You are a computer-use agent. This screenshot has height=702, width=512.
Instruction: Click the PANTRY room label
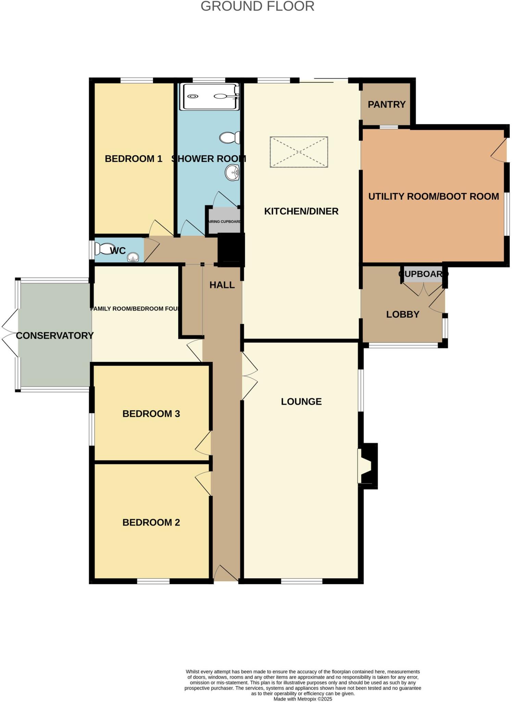(386, 105)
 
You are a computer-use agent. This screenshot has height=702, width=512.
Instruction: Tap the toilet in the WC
(102, 249)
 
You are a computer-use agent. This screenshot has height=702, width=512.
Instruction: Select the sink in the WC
(133, 257)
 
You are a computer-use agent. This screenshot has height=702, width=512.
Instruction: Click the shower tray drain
(193, 96)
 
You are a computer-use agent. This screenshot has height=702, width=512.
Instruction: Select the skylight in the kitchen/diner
(299, 152)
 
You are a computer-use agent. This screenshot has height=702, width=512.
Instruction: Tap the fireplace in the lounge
(366, 466)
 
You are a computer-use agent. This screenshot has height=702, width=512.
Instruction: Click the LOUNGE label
(301, 401)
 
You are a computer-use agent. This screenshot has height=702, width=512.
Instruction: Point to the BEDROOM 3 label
(151, 414)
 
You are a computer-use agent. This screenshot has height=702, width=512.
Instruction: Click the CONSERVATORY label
(55, 336)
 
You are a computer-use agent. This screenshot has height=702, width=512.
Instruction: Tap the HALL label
(222, 285)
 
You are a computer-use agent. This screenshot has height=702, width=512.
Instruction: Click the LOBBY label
(403, 314)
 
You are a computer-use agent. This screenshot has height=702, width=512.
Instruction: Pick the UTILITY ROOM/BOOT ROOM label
(433, 196)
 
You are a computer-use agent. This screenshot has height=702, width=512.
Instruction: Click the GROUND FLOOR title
(257, 6)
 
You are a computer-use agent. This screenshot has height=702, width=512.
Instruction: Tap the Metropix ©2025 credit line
(303, 699)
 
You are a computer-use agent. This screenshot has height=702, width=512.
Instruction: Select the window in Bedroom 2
(153, 581)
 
